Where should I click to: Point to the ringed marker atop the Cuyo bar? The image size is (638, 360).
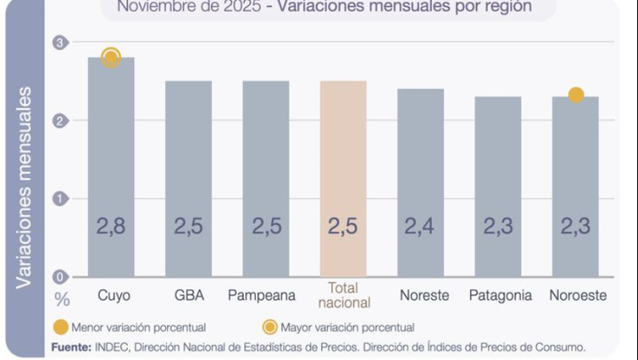tap(111, 58)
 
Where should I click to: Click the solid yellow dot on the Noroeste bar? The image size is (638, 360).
tap(576, 95)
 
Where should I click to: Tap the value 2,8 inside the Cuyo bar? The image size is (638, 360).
tap(111, 227)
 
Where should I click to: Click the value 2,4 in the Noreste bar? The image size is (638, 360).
tap(420, 227)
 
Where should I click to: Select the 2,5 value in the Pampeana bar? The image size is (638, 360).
tap(266, 227)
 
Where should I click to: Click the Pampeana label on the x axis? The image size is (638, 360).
tap(265, 295)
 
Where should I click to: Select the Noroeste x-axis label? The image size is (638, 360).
tap(577, 295)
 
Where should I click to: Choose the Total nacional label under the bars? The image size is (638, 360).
tap(343, 295)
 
